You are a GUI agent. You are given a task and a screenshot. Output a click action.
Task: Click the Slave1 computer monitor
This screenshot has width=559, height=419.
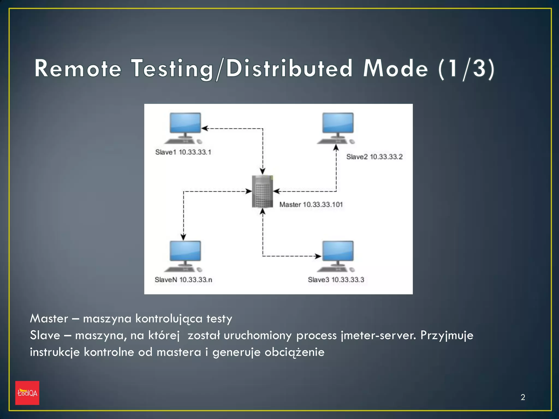(x=185, y=123)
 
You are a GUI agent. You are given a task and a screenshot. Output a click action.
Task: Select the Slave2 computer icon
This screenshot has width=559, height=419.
(x=337, y=128)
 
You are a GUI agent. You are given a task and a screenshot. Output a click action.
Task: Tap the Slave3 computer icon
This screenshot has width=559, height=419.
(x=337, y=256)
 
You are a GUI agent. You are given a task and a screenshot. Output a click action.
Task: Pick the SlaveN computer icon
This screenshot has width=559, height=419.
(x=185, y=256)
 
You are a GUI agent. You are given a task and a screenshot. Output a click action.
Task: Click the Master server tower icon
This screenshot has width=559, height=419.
(x=262, y=191)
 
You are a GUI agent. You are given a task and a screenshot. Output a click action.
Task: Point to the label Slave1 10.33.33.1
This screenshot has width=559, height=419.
(x=183, y=152)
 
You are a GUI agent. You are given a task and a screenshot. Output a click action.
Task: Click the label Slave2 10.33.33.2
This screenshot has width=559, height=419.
(x=374, y=157)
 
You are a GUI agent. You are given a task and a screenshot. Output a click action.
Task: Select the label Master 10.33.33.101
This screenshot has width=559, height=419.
(x=311, y=205)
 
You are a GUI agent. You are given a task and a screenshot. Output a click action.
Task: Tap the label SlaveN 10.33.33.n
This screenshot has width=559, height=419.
(x=183, y=280)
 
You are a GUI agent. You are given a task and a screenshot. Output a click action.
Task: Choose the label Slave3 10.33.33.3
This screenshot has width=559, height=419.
(x=336, y=280)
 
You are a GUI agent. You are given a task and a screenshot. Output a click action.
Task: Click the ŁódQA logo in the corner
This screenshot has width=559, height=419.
(x=27, y=393)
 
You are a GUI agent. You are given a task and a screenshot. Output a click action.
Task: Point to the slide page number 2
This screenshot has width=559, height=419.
(x=523, y=397)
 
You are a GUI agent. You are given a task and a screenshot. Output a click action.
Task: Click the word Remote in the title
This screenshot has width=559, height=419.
(x=78, y=68)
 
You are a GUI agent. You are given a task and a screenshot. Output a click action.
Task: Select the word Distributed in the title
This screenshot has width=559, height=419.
(x=289, y=68)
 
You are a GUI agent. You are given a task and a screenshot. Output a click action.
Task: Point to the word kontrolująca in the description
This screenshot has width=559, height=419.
(x=169, y=319)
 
